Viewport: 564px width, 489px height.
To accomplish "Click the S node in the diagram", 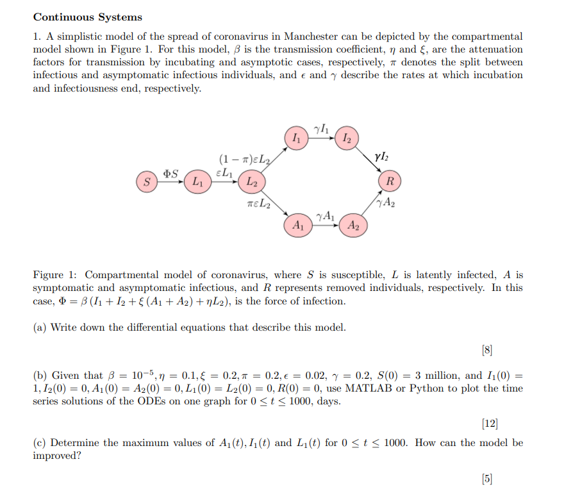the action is coord(147,182).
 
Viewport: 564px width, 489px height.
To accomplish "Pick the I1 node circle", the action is coord(295,138).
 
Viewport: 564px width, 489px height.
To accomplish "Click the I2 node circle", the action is coord(347,138).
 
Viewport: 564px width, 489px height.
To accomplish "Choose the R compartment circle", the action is coord(390,181).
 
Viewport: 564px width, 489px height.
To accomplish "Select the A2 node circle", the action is coord(354,225).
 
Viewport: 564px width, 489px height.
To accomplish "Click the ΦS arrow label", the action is coord(170,173).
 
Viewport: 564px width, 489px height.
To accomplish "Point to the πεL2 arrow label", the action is coord(258,205).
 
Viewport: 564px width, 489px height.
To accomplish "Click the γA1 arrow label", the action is coord(325,216).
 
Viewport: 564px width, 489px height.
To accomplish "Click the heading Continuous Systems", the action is coord(88,17).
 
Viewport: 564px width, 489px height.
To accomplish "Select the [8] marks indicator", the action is coord(487,350).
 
